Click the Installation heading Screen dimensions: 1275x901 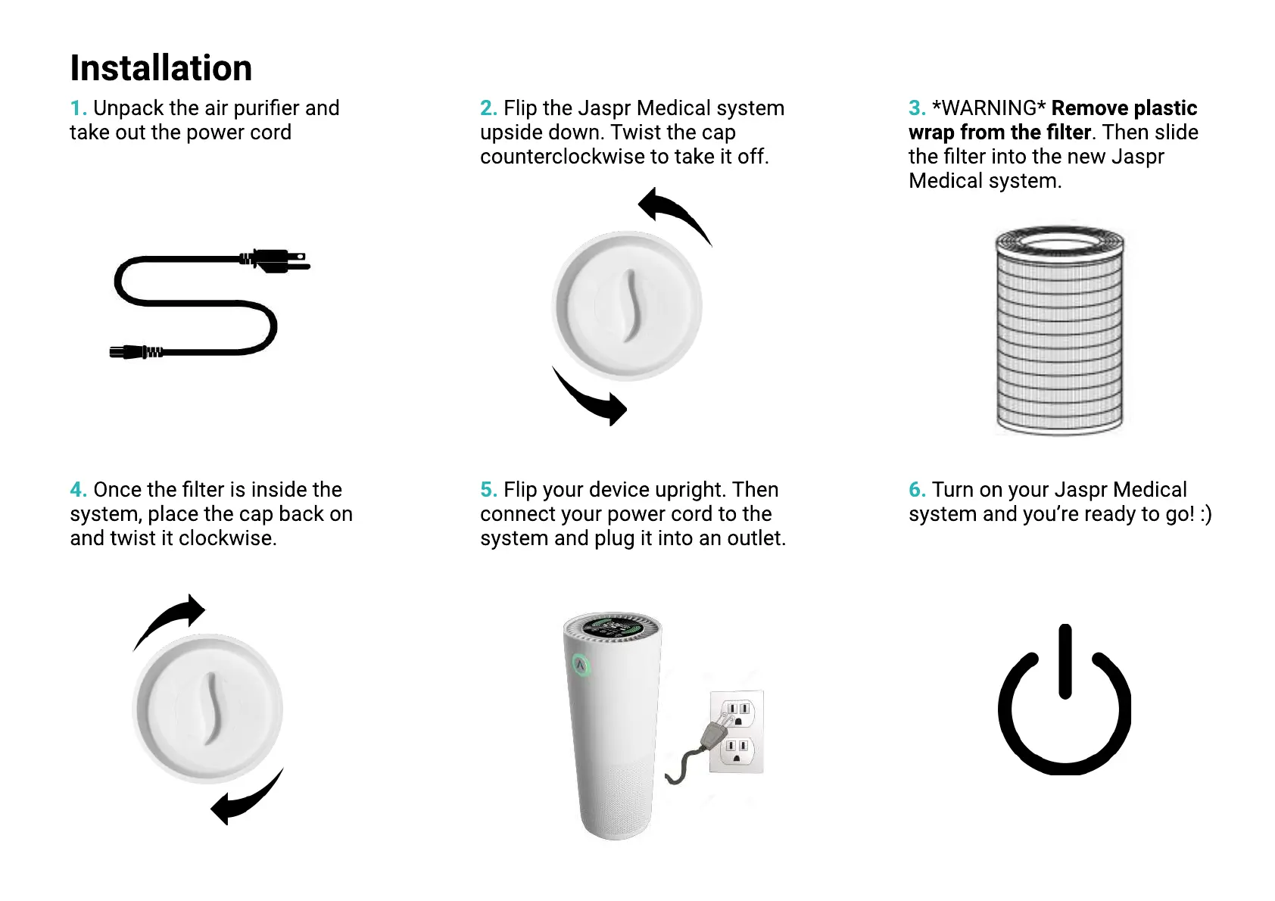pyautogui.click(x=161, y=68)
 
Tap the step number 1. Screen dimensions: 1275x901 pyautogui.click(x=77, y=108)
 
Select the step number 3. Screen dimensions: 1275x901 pyautogui.click(x=916, y=108)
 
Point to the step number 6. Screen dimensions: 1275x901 pyautogui.click(x=916, y=490)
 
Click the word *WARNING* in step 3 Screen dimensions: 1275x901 pyautogui.click(x=989, y=108)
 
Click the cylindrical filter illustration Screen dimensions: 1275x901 pyautogui.click(x=1058, y=330)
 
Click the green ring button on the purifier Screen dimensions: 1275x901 pyautogui.click(x=581, y=666)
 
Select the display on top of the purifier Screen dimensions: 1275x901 pyautogui.click(x=613, y=627)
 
